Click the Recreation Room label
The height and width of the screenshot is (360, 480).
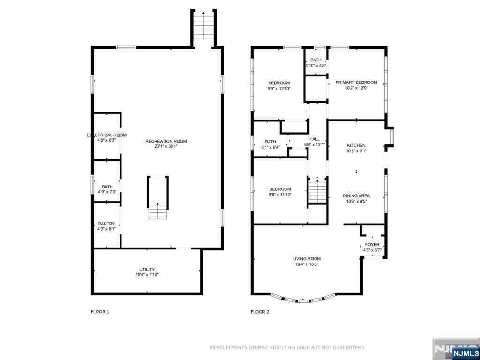click(166, 141)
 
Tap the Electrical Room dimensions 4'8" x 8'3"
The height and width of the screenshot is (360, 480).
click(106, 140)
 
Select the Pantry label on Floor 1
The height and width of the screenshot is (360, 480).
click(106, 224)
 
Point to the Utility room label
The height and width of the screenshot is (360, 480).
click(147, 270)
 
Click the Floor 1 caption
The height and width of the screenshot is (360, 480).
click(100, 312)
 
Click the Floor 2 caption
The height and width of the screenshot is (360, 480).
click(260, 312)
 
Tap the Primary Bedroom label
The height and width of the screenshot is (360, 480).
click(356, 82)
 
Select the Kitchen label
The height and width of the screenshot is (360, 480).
click(356, 145)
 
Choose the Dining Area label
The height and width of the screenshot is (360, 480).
click(356, 196)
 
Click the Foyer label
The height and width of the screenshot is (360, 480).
click(372, 245)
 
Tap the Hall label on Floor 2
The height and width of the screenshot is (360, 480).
click(315, 139)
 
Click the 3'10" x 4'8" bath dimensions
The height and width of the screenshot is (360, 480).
click(315, 66)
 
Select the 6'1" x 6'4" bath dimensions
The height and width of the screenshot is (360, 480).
click(270, 147)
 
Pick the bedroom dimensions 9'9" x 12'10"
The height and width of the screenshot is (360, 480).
click(279, 89)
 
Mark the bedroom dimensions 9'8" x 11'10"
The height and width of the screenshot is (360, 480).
click(279, 195)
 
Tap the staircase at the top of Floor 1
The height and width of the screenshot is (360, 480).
click(203, 28)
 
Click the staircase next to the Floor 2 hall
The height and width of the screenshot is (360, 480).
click(317, 190)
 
